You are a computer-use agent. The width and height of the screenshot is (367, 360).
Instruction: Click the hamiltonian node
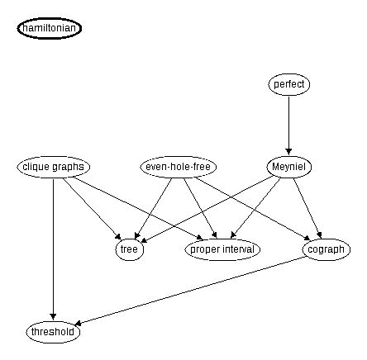[x=50, y=28]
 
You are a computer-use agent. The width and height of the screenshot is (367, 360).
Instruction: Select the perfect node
[x=289, y=84]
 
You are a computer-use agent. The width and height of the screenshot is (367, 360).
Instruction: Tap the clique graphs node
[x=53, y=167]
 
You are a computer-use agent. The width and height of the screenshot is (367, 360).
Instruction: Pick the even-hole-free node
[x=178, y=167]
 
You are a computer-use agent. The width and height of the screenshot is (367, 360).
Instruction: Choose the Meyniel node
[x=289, y=167]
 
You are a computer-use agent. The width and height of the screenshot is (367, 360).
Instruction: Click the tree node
[x=129, y=249]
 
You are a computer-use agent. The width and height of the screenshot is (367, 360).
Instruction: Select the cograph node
[x=326, y=249]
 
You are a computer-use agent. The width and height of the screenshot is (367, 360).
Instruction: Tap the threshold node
[x=53, y=332]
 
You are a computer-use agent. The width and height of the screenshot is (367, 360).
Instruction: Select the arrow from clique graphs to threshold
[x=53, y=248]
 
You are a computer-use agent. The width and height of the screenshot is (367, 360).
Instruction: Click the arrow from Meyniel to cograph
[x=307, y=207]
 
